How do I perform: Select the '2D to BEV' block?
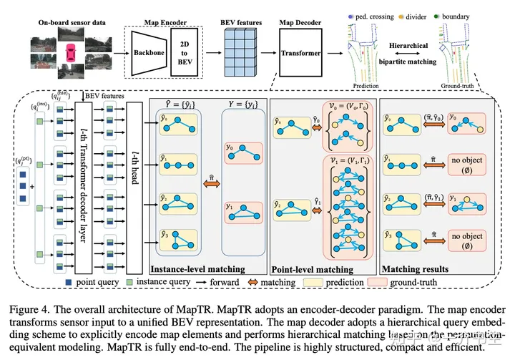[x=185, y=54]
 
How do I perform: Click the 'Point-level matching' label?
[x=312, y=270]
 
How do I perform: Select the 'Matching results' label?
[x=415, y=270]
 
